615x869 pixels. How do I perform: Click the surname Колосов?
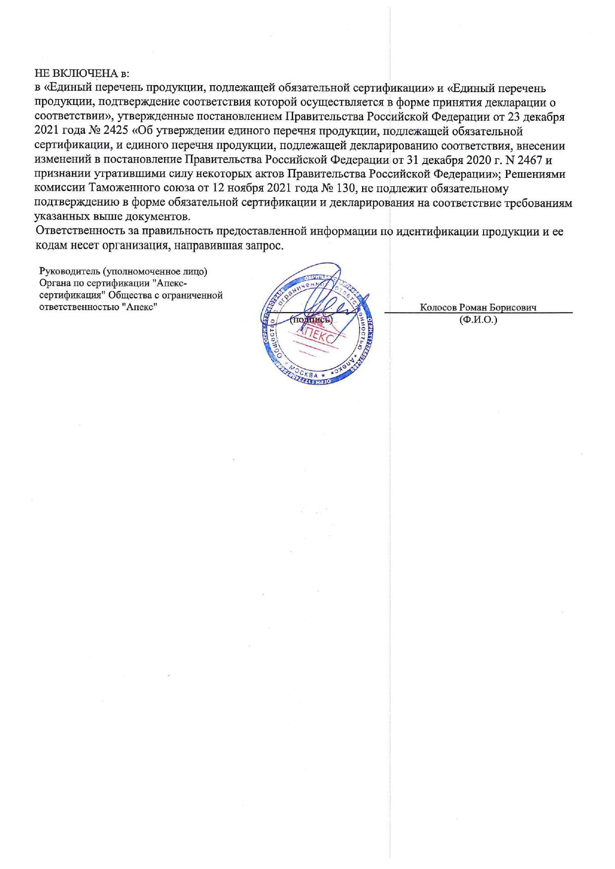pos(438,307)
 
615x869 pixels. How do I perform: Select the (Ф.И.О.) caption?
pos(478,320)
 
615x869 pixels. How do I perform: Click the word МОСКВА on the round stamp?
pos(304,373)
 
